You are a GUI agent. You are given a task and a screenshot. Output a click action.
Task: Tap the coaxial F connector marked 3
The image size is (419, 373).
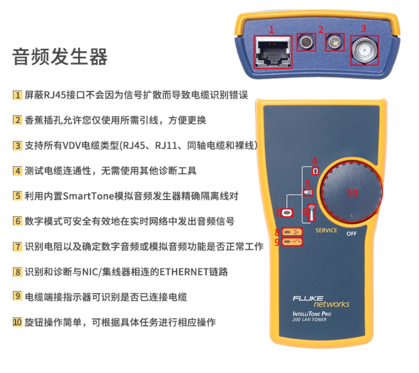click(363, 51)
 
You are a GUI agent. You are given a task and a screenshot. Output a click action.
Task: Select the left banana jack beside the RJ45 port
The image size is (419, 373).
click(306, 43)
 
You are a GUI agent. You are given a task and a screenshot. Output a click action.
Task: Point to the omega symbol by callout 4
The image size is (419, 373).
click(315, 171)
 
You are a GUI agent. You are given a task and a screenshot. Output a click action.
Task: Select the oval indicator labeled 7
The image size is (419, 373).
click(286, 213)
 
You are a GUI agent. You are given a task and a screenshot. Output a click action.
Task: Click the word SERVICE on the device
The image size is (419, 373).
click(326, 230)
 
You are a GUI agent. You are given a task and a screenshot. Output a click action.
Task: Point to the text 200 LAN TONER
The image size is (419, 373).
click(309, 319)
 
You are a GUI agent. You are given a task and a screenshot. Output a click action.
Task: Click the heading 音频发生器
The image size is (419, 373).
click(60, 58)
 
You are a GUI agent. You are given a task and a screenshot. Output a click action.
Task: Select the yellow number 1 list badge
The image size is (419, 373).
click(17, 95)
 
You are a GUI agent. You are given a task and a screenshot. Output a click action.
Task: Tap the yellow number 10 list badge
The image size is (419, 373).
click(17, 322)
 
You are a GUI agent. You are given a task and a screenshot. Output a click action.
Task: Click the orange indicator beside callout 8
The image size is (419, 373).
click(292, 232)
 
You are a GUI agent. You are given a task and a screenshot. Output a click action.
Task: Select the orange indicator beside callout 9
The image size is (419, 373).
click(292, 242)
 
